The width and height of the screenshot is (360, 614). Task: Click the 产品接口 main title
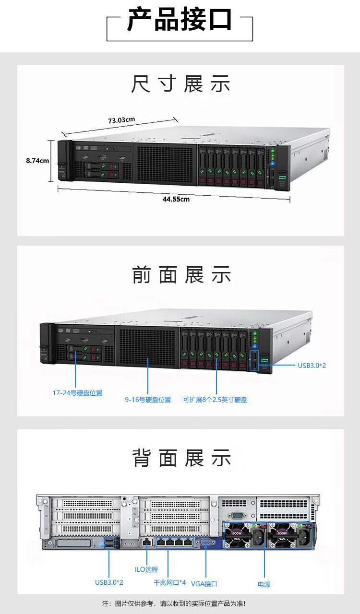[180, 20]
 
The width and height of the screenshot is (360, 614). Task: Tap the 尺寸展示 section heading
[180, 83]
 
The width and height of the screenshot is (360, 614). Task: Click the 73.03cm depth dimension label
[121, 120]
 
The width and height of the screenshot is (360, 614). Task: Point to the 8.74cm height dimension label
[37, 161]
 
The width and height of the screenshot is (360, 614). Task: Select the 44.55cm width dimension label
[176, 199]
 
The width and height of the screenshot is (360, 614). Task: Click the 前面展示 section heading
[181, 274]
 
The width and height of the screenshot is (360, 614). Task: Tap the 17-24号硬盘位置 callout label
[77, 393]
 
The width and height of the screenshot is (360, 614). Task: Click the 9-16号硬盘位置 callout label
[148, 400]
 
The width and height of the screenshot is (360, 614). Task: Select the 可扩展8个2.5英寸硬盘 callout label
[215, 400]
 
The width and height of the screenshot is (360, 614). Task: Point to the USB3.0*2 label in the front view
[312, 366]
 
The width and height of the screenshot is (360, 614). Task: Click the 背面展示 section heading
[181, 458]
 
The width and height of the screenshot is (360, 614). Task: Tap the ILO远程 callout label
[146, 569]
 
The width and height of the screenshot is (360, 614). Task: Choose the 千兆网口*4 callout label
[169, 582]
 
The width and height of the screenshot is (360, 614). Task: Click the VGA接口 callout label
[204, 584]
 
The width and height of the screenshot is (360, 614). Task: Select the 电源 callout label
[264, 584]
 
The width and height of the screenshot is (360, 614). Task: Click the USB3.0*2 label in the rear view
[109, 582]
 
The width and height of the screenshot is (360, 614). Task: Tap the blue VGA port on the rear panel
[205, 542]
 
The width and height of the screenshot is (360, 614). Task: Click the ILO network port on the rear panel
[147, 542]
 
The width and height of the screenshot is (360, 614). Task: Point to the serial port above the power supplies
[237, 516]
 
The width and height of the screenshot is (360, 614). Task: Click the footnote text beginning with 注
[174, 603]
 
